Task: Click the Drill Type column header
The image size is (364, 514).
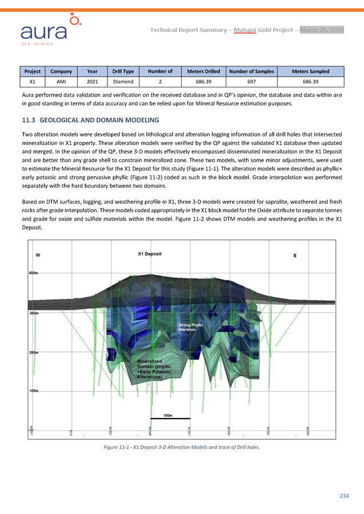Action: (123, 71)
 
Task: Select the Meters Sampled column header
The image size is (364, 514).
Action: (310, 71)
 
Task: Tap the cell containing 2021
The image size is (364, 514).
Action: (92, 81)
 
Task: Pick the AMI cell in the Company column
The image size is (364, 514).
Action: (61, 81)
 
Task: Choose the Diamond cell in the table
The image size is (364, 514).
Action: (123, 81)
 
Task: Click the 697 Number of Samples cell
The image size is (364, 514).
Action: (251, 81)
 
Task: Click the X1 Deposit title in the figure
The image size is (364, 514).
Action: (150, 254)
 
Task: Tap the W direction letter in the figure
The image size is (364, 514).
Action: (38, 255)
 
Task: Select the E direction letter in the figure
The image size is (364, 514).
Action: (295, 255)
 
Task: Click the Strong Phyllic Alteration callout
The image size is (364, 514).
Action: (188, 327)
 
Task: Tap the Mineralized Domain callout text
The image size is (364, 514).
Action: (153, 369)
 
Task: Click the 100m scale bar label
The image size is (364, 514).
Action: (168, 415)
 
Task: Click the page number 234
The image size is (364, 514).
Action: (343, 496)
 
